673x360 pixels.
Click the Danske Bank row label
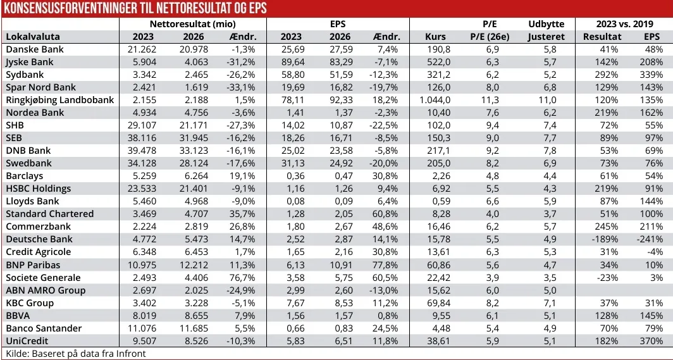click(35, 49)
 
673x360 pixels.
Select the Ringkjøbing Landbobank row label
click(59, 100)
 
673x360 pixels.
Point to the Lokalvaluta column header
click(31, 37)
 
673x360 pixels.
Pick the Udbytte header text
click(546, 24)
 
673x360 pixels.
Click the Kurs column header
click(436, 37)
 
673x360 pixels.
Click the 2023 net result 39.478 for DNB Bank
click(142, 151)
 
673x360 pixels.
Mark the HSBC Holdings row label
click(38, 189)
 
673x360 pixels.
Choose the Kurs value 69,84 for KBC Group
click(436, 302)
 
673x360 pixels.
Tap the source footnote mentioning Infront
click(75, 354)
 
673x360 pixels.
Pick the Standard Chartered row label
click(49, 214)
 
